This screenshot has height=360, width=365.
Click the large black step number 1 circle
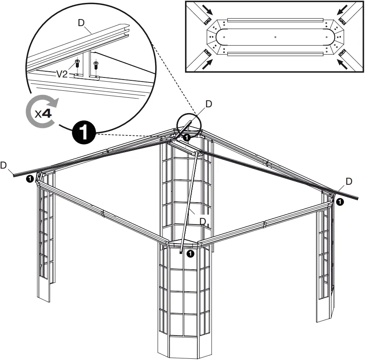coord(85,133)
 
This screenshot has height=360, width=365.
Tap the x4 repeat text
coord(43,114)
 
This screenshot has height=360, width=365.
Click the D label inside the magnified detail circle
coord(81,23)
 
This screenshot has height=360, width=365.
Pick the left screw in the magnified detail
coord(77,64)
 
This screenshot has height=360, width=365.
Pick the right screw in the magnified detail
coord(96,65)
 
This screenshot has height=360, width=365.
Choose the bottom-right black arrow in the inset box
coord(344,63)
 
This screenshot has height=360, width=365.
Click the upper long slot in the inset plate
coord(276,19)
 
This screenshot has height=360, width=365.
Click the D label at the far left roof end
coord(4,165)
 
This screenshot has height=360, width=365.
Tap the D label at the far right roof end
coord(349,181)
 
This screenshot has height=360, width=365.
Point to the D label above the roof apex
coord(209,104)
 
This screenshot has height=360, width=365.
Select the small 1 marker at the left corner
coord(29,179)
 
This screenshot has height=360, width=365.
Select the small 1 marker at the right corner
coord(339,202)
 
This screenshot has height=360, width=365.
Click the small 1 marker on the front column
coord(190,254)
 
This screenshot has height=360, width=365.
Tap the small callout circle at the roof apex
coord(188,124)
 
